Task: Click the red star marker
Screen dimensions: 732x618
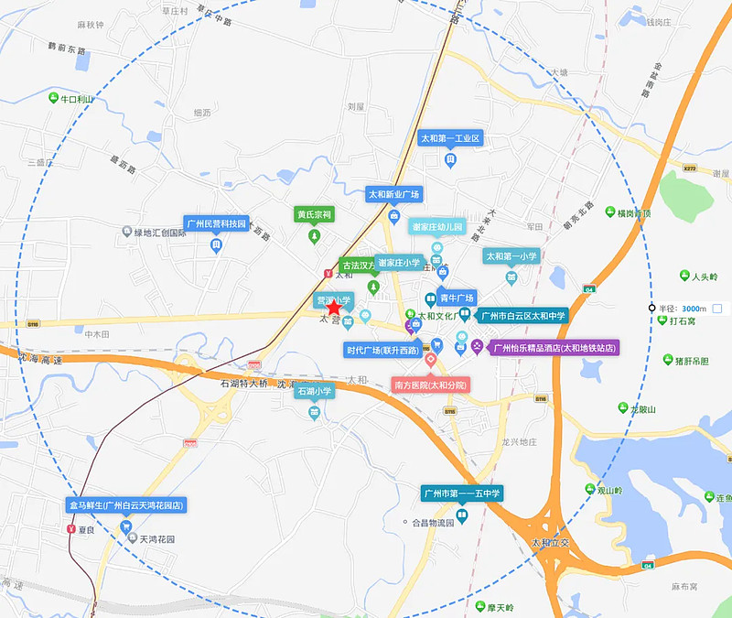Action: click(x=334, y=309)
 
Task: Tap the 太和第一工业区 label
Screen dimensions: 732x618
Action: click(x=450, y=139)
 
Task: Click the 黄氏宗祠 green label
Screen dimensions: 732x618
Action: click(x=314, y=214)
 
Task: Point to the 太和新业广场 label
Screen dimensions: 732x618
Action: click(x=393, y=194)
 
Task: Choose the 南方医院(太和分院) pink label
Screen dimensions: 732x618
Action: click(x=430, y=385)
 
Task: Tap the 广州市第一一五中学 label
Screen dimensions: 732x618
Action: click(x=462, y=494)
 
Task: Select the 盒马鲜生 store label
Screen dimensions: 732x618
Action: click(x=126, y=505)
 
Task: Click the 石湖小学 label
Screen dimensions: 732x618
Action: click(x=314, y=391)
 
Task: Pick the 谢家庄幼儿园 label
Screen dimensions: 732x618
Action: click(x=437, y=226)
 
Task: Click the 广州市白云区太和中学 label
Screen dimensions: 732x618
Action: click(x=522, y=315)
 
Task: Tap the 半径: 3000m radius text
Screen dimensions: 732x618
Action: click(x=683, y=309)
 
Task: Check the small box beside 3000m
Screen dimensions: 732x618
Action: click(x=717, y=309)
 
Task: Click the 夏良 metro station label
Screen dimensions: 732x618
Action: click(x=88, y=529)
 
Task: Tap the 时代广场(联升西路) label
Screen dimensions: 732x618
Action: click(x=382, y=350)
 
